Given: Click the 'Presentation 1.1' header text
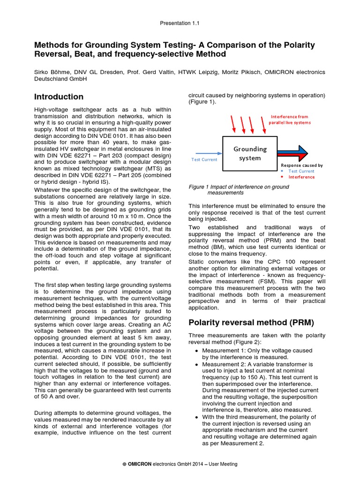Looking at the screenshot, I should [x=180, y=23].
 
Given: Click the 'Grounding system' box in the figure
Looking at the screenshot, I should [x=250, y=153].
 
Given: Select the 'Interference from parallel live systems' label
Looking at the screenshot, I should [x=289, y=120].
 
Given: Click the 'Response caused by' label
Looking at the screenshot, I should [x=301, y=165].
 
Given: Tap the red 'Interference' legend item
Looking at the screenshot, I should [x=301, y=177].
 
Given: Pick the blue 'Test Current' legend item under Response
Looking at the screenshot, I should [x=302, y=171].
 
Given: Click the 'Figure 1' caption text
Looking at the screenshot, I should [x=239, y=190].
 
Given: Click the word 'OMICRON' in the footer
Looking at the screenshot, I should [x=140, y=464].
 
